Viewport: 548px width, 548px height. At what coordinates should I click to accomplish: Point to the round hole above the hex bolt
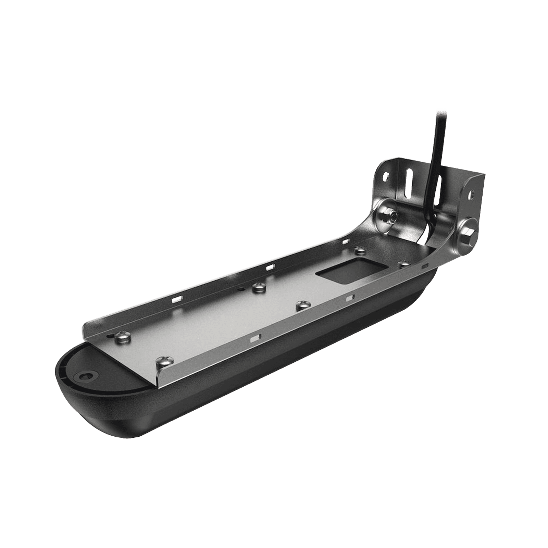(x=473, y=194)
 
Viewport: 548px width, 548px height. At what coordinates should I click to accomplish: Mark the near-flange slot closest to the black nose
(x=255, y=339)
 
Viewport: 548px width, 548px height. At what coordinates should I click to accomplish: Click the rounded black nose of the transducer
(x=79, y=384)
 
